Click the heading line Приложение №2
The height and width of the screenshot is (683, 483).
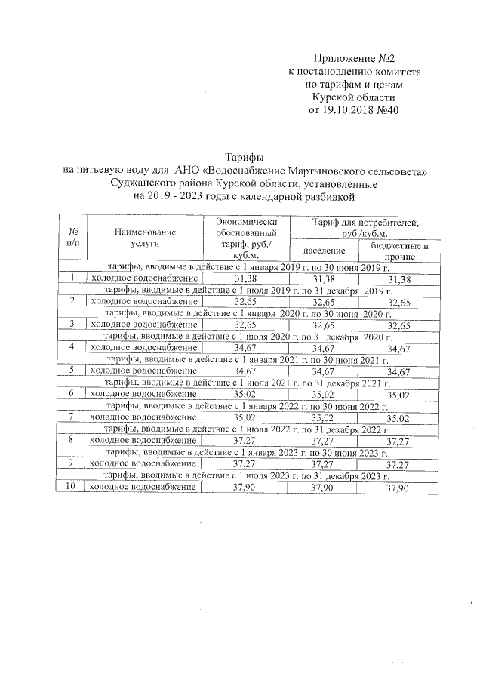point(353,57)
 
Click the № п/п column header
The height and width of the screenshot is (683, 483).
point(73,238)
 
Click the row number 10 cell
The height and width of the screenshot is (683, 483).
point(71,488)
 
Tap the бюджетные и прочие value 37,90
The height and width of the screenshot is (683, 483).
point(397,488)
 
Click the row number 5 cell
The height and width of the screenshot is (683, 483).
point(71,371)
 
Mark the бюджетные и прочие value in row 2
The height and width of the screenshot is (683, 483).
point(397,303)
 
